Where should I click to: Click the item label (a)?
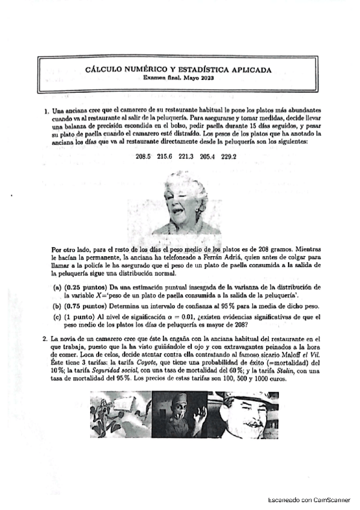[58, 288]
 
